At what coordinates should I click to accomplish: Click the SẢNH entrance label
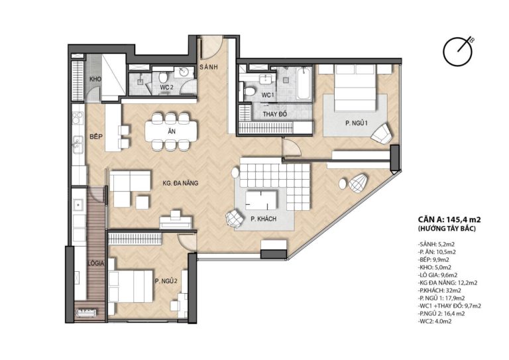coord(209,67)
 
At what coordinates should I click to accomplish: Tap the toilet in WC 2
coord(163,77)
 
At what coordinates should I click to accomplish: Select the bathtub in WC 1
coord(304,83)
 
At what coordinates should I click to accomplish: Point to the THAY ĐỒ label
coord(275,114)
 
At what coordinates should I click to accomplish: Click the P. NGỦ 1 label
coord(356,123)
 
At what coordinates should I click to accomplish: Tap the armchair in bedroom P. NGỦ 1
coord(382,133)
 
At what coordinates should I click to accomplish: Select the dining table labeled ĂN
coord(171,131)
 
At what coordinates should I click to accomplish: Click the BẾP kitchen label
coord(96,137)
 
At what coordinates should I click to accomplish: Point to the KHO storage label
coord(95,79)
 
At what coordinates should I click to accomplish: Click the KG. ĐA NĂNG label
coord(180,183)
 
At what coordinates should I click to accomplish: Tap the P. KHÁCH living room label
coord(263,219)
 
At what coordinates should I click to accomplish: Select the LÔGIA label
coord(95,263)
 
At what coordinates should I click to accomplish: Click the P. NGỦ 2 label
coord(166,281)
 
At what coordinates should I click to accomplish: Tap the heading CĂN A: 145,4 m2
coord(449,219)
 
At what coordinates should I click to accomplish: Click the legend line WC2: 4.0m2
coord(435,322)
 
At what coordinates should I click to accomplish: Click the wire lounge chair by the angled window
coord(358,184)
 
